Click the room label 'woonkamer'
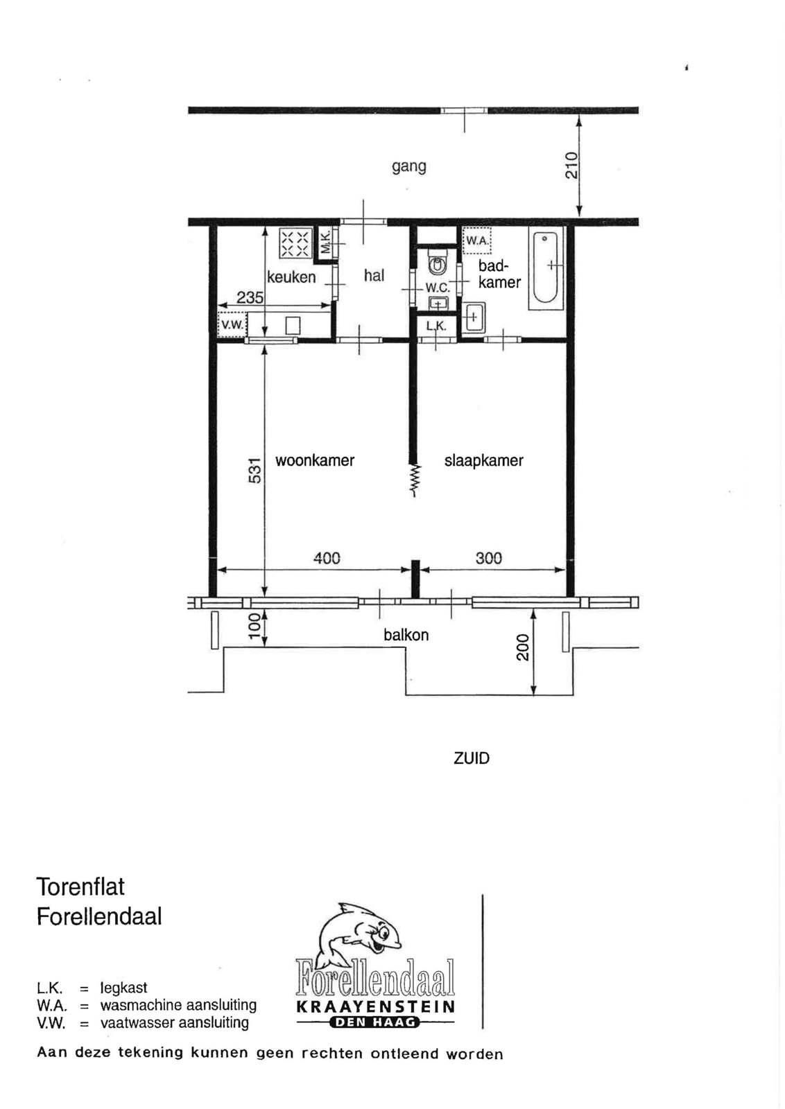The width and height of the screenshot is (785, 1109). click(315, 460)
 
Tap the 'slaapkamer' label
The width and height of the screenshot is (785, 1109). click(484, 460)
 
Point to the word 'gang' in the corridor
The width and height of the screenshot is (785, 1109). click(409, 166)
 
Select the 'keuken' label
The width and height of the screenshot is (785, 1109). click(291, 277)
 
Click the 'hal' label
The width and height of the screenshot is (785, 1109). click(374, 275)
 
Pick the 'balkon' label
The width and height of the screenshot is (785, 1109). click(406, 635)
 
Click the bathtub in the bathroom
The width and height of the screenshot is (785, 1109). click(546, 268)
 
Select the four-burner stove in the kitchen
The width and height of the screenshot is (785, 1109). click(295, 243)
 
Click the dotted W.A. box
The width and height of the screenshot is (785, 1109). click(476, 241)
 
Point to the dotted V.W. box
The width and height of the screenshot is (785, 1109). click(232, 325)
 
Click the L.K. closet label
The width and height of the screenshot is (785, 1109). click(436, 326)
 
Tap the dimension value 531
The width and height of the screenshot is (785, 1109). click(254, 471)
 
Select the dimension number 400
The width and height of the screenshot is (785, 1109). click(327, 559)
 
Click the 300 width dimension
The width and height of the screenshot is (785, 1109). click(489, 559)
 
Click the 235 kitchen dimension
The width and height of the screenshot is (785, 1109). click(250, 297)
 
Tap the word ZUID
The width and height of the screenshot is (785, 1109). click(472, 758)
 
